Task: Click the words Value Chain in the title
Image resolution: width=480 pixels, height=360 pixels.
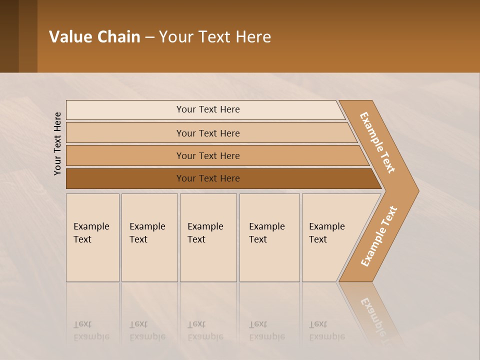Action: pyautogui.click(x=94, y=36)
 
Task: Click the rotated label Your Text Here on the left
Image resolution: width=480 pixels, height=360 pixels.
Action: pyautogui.click(x=57, y=143)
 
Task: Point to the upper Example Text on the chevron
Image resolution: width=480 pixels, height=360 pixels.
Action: pyautogui.click(x=377, y=142)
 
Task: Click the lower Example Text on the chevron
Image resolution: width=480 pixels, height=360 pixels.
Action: pyautogui.click(x=378, y=236)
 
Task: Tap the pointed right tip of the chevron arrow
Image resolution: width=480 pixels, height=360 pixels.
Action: pyautogui.click(x=416, y=191)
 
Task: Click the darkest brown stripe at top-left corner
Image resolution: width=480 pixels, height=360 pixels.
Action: pyautogui.click(x=9, y=36)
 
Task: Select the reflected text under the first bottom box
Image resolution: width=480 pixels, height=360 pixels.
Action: pyautogui.click(x=91, y=330)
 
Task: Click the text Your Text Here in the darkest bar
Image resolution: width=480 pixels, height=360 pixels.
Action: pyautogui.click(x=208, y=178)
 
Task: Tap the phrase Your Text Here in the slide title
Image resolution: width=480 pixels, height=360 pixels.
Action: pyautogui.click(x=215, y=36)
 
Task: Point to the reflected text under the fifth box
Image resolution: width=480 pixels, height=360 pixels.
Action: pyautogui.click(x=326, y=330)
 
